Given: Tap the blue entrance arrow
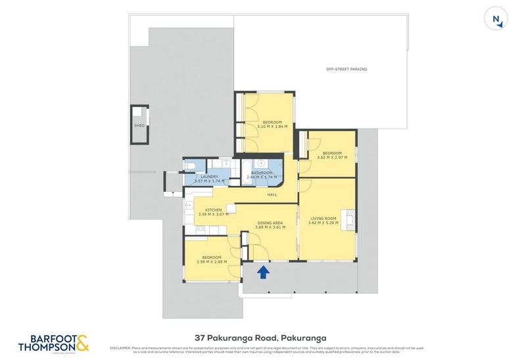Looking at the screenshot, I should coord(263,271).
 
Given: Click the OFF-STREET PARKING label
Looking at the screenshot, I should coord(347,69).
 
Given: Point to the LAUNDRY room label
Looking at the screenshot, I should coord(210,175).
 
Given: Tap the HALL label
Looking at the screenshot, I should coord(272,194).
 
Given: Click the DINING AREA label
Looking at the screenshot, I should coord(269,223).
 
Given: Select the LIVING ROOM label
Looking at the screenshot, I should coord(323,218).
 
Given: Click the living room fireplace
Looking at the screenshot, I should coord(350,218).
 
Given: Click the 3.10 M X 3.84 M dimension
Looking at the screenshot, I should coord(272,127).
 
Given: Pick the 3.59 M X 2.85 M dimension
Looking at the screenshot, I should coord(211,261).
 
